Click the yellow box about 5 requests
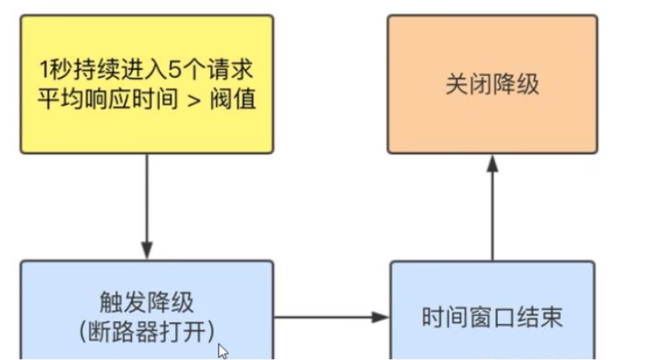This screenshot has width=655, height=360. (147, 84)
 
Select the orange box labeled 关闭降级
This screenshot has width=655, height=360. (492, 84)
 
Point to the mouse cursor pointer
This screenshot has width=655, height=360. (222, 351)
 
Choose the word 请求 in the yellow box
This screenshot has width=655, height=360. (236, 71)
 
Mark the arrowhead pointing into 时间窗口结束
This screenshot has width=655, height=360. (382, 318)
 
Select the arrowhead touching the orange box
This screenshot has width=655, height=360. (492, 162)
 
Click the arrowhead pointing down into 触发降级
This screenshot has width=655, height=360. (147, 253)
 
